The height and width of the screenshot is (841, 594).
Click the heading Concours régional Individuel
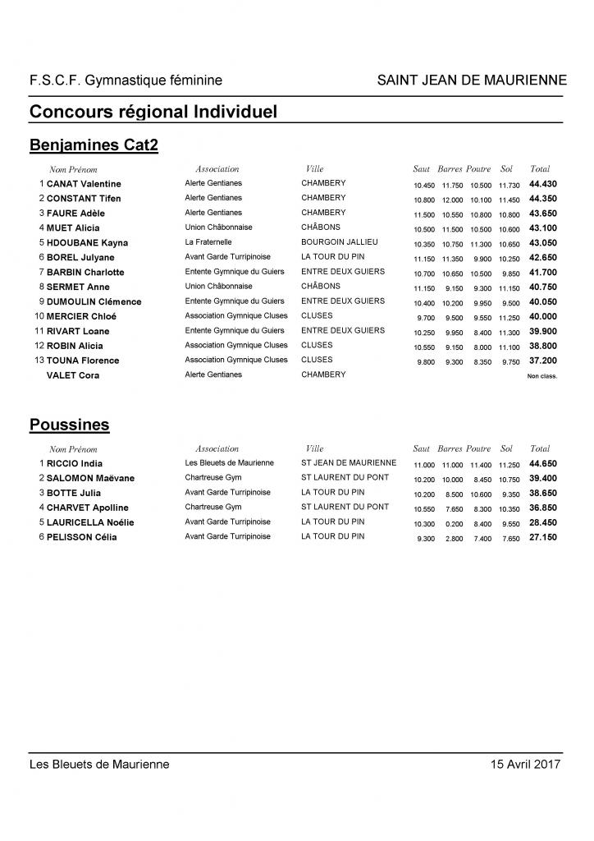coord(153,111)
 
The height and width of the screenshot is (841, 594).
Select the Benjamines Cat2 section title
coord(94,145)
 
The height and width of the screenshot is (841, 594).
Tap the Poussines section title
coord(70,425)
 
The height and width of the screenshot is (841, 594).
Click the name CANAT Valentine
coord(84,184)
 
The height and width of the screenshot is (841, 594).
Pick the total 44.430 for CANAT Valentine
coord(542,184)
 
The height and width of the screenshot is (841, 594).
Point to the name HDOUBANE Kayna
coord(87,243)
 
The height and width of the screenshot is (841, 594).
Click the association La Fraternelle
coord(208,242)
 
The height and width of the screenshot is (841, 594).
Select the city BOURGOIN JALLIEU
coord(340,242)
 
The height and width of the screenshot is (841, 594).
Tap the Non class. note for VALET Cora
coord(541,376)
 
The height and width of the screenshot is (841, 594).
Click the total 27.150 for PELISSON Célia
coord(542,537)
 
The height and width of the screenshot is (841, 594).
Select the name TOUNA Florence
coord(83,361)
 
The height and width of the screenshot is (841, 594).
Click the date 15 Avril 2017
coord(525,764)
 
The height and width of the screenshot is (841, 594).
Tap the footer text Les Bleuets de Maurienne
coord(99,764)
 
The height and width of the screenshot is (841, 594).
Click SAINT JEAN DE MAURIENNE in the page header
coord(472,80)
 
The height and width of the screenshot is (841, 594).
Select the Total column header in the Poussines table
coord(540,449)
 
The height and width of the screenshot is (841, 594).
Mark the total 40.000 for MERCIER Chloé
coord(542,316)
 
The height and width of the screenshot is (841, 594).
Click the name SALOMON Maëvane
coord(90,479)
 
